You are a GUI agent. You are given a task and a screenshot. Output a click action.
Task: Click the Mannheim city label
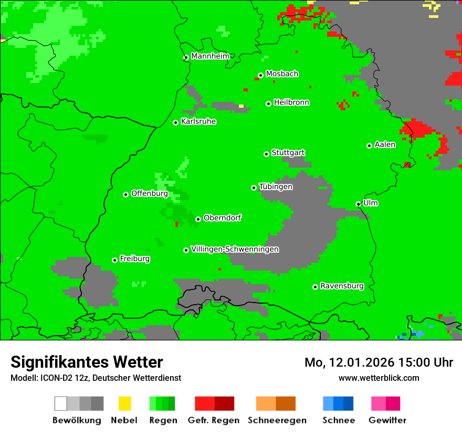coord(210,56)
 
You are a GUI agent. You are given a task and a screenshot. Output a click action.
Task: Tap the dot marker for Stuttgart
coord(266,154)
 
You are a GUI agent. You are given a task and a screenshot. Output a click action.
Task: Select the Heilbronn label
coord(291,102)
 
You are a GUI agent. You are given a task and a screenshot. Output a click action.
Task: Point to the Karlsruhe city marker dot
coord(176,122)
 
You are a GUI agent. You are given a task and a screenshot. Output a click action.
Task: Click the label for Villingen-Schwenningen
coord(235,250)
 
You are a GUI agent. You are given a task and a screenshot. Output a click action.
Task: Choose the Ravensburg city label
coord(342,286)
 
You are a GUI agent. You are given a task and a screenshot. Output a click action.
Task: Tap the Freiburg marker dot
coord(114,260)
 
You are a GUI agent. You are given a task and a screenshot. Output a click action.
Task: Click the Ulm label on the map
coord(371,203)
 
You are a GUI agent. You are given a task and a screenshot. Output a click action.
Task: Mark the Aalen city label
coord(385,144)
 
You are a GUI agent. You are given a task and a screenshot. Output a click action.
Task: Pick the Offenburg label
coord(149,193)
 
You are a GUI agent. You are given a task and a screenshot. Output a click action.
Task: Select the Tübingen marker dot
coord(254,188)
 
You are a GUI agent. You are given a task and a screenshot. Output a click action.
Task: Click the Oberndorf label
coord(222,218)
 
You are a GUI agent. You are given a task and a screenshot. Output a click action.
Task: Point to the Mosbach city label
coord(282,74)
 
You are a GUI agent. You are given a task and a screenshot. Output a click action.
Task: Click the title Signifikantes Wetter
coord(87,362)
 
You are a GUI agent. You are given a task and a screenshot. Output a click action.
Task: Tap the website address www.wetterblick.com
coord(379,378)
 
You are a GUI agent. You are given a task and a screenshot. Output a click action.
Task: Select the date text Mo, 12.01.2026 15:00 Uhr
coord(379,362)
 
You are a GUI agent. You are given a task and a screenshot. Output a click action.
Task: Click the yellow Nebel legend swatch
coord(124,403)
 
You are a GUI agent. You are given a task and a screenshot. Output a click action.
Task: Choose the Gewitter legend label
coord(387,420)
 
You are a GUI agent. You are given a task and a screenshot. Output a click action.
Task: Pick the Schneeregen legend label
coord(277,420)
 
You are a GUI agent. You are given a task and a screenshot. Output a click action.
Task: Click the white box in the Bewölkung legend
coord(61,403)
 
